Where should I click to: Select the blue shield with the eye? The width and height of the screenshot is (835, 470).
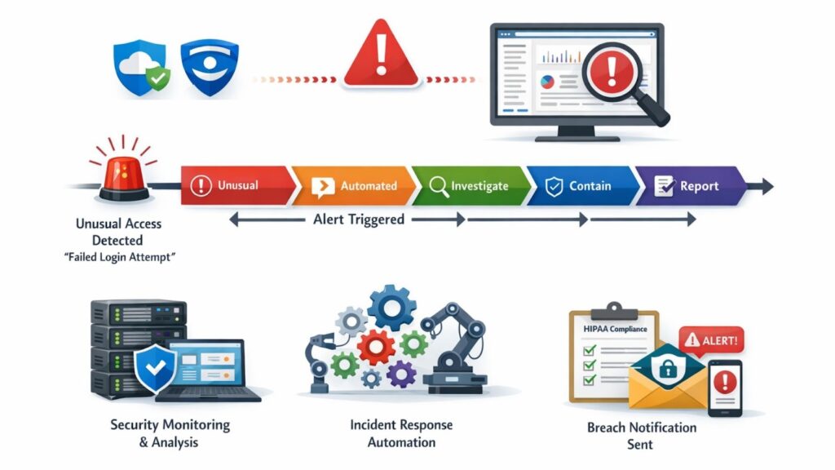[x=210, y=67]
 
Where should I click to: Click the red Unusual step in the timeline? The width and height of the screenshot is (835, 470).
[x=238, y=185]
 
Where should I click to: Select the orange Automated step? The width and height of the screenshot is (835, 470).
[x=354, y=185]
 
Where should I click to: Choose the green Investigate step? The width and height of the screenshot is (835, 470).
[x=471, y=185]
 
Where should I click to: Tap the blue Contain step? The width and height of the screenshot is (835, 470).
[x=583, y=185]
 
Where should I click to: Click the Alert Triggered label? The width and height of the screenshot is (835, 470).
[x=359, y=219]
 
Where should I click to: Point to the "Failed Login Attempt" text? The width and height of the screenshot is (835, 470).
[x=120, y=257]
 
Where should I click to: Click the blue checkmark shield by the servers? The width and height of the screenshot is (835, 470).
[x=156, y=368]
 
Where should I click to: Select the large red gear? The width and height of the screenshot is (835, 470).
[x=376, y=347]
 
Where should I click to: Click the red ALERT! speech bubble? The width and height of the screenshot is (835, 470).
[x=711, y=339]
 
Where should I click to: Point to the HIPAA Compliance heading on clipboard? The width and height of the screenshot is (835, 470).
[x=615, y=329]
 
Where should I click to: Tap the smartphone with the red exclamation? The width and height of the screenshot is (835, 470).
[x=725, y=388]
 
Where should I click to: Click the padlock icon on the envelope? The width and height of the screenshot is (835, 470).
[x=667, y=368]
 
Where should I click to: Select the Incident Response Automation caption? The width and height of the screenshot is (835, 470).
[x=401, y=433]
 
